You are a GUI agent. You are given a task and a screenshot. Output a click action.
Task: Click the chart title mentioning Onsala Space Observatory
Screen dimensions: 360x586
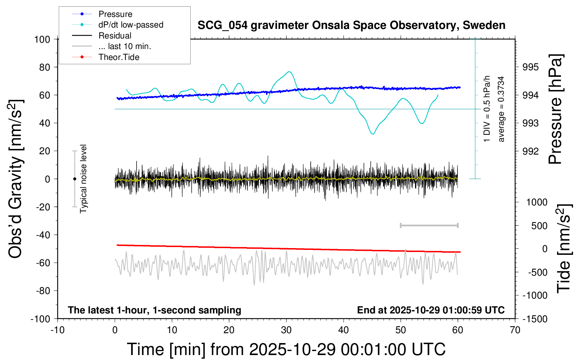(351, 25)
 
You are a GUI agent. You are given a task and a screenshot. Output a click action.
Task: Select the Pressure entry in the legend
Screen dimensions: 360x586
(115, 14)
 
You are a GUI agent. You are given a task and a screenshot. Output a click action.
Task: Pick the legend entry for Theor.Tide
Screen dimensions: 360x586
(119, 57)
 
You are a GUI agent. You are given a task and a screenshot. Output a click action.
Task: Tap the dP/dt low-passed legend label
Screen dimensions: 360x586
(131, 25)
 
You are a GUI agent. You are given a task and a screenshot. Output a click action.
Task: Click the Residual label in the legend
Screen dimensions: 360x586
(115, 36)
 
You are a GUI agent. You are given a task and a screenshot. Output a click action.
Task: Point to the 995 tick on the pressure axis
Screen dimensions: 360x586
(531, 67)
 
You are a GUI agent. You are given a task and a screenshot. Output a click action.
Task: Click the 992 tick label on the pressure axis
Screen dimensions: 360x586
(531, 151)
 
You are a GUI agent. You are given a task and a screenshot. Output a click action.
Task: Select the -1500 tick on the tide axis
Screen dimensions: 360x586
(535, 319)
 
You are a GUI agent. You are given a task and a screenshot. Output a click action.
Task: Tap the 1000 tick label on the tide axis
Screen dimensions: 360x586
(537, 202)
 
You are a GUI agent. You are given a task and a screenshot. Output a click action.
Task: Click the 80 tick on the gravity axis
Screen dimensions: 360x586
(44, 67)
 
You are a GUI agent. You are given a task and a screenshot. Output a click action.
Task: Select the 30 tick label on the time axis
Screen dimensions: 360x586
(286, 330)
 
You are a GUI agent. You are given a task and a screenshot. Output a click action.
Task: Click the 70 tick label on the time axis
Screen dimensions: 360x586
(515, 330)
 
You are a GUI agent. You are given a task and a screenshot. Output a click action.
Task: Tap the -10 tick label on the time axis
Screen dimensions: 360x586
(58, 330)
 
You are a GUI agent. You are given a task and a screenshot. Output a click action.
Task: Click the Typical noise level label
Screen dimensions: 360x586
(83, 179)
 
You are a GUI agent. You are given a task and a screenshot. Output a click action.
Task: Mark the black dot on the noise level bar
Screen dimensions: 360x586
(74, 179)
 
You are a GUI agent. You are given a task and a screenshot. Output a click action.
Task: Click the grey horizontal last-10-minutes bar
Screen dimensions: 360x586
(429, 225)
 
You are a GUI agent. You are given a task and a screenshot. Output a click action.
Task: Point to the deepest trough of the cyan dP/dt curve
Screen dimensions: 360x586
(373, 134)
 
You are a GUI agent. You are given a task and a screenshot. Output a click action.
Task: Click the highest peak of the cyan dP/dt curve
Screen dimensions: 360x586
(289, 72)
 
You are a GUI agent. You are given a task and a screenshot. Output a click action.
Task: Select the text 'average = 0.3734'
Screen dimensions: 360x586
(501, 109)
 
